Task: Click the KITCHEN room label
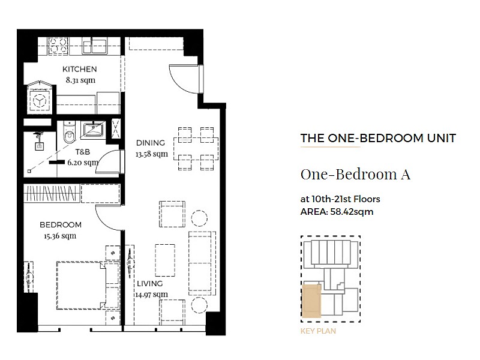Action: [80, 69]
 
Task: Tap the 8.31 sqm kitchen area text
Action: [80, 80]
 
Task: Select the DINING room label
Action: [151, 143]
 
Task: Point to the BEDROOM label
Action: [61, 224]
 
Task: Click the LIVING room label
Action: [149, 283]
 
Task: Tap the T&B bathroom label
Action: [83, 152]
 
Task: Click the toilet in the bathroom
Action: [70, 132]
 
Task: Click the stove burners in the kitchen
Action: [58, 46]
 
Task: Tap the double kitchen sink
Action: [94, 46]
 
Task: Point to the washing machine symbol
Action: [40, 100]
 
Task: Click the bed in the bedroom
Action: [88, 285]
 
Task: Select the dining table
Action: [196, 148]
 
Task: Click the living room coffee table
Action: [165, 260]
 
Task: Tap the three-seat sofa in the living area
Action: [202, 263]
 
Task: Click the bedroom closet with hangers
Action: [52, 193]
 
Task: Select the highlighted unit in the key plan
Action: [311, 301]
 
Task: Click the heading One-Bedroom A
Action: [355, 175]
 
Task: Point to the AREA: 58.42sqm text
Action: [337, 212]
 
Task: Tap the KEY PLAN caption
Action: [318, 331]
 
